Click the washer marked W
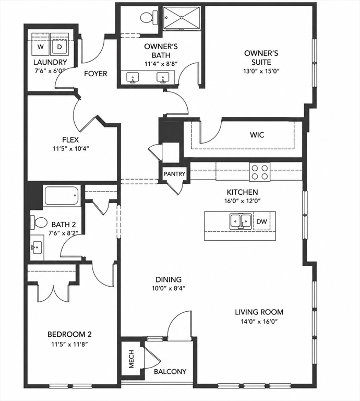tap(40, 44)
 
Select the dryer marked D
tap(59, 44)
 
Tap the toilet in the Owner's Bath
tap(149, 17)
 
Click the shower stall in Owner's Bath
tap(182, 18)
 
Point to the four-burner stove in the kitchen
tap(260, 172)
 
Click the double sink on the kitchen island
tap(240, 221)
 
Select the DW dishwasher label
tap(261, 221)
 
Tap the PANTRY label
tap(174, 174)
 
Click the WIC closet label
tap(257, 135)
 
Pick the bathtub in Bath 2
tap(61, 196)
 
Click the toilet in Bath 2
tap(39, 222)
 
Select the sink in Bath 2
tap(37, 247)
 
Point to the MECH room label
tap(131, 362)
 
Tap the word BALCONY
tap(170, 371)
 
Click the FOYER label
tap(95, 74)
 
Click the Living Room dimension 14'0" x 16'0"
tap(259, 321)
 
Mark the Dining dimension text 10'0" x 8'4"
tap(169, 288)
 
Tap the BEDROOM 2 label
tap(69, 334)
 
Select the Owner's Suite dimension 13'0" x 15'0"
tap(261, 71)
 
